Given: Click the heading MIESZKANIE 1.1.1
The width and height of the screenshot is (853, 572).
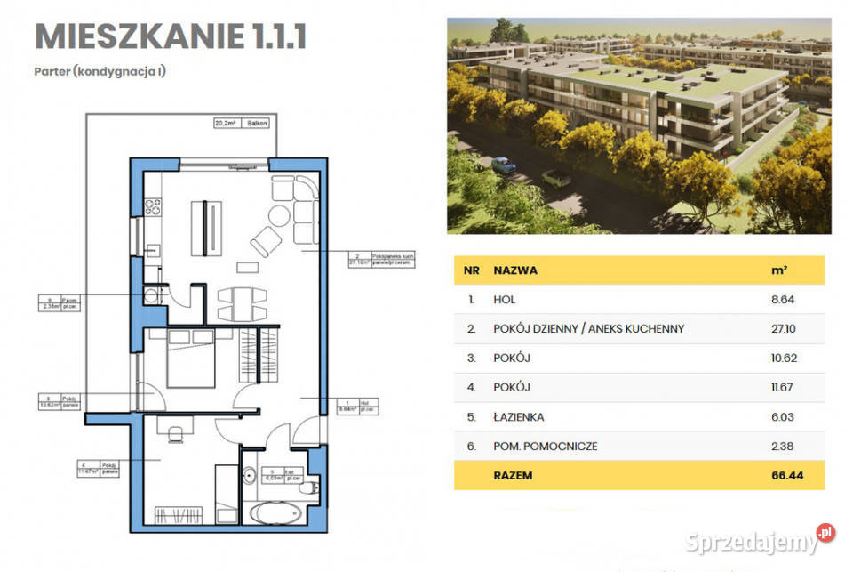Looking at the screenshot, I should pyautogui.click(x=170, y=36).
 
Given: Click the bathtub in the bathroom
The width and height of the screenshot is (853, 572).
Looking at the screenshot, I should pyautogui.click(x=275, y=513).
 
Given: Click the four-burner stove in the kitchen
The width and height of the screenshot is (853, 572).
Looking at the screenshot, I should pyautogui.click(x=152, y=207).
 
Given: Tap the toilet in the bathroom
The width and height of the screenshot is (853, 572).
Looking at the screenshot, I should pyautogui.click(x=307, y=485).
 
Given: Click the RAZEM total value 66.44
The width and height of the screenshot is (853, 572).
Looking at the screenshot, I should pyautogui.click(x=788, y=475).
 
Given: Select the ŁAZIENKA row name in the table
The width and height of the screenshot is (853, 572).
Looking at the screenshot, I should pyautogui.click(x=518, y=416).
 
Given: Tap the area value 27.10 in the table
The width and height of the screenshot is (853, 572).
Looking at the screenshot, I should pyautogui.click(x=784, y=328).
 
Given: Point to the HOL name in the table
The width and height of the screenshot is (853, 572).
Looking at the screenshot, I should pyautogui.click(x=506, y=300).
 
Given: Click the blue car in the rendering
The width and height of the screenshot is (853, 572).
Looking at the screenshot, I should pyautogui.click(x=503, y=165).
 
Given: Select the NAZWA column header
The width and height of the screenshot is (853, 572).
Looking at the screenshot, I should pyautogui.click(x=514, y=270).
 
